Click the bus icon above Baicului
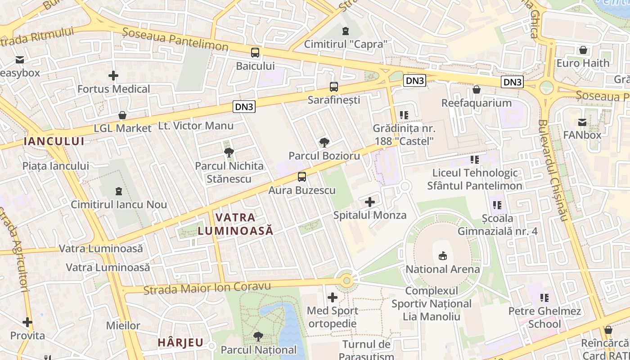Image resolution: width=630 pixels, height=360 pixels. point(255,53)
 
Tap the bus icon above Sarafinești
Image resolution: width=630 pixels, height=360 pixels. point(333,86)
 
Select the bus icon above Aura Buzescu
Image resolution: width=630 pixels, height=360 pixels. point(302,177)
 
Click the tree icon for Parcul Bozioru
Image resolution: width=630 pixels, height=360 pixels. point(324,143)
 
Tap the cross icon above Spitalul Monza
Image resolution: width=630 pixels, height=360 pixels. point(370,202)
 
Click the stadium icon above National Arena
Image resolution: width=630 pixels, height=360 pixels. point(443,256)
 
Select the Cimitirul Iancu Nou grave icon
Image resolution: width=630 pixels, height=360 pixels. point(119,191)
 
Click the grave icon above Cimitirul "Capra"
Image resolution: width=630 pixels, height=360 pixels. point(345,31)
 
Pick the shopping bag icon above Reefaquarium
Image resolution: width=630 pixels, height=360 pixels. point(477,90)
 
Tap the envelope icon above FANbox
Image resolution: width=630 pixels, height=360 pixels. point(582,122)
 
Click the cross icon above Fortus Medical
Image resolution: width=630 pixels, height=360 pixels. point(113,76)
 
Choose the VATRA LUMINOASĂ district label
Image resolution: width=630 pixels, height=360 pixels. point(235,224)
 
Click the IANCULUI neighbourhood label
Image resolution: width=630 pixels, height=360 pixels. point(54,141)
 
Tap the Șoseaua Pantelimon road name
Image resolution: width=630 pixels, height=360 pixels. point(175,40)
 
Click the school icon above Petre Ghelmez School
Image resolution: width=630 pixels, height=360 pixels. point(544,297)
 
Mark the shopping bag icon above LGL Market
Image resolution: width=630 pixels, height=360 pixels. point(122,116)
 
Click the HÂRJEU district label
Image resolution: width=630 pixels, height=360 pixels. point(180,342)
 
